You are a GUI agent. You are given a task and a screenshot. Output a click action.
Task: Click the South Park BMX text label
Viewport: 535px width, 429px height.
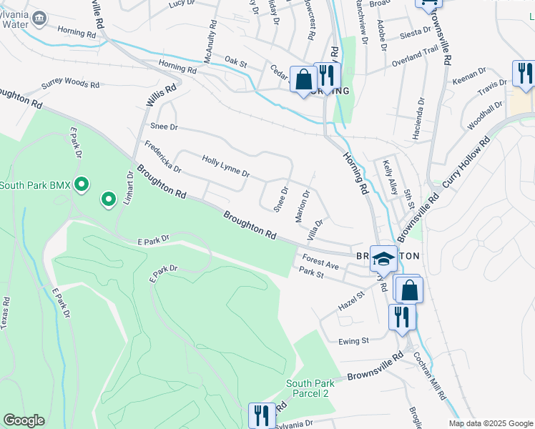tap(34, 186)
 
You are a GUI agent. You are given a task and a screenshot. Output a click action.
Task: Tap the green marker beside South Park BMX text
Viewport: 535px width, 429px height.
tap(82, 186)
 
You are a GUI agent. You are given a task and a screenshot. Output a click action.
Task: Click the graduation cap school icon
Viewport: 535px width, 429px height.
tap(383, 258)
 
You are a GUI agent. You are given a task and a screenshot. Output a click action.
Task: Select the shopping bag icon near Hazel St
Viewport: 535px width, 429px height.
tap(410, 290)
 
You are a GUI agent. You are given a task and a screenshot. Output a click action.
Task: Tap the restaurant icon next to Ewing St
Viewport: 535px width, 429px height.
tap(401, 315)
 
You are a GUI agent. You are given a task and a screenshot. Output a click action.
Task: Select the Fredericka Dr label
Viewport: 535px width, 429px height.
tap(162, 157)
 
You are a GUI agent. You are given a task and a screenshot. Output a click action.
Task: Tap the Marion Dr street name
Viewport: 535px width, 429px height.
tap(302, 204)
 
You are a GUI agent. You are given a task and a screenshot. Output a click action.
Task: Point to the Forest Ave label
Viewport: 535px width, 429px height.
tap(320, 261)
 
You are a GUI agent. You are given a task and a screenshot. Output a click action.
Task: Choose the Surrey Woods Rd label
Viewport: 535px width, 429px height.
tap(70, 84)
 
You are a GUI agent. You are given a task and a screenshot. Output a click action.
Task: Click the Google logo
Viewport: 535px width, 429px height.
tap(24, 420)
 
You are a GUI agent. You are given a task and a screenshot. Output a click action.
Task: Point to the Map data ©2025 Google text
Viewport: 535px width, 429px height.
tap(490, 423)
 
